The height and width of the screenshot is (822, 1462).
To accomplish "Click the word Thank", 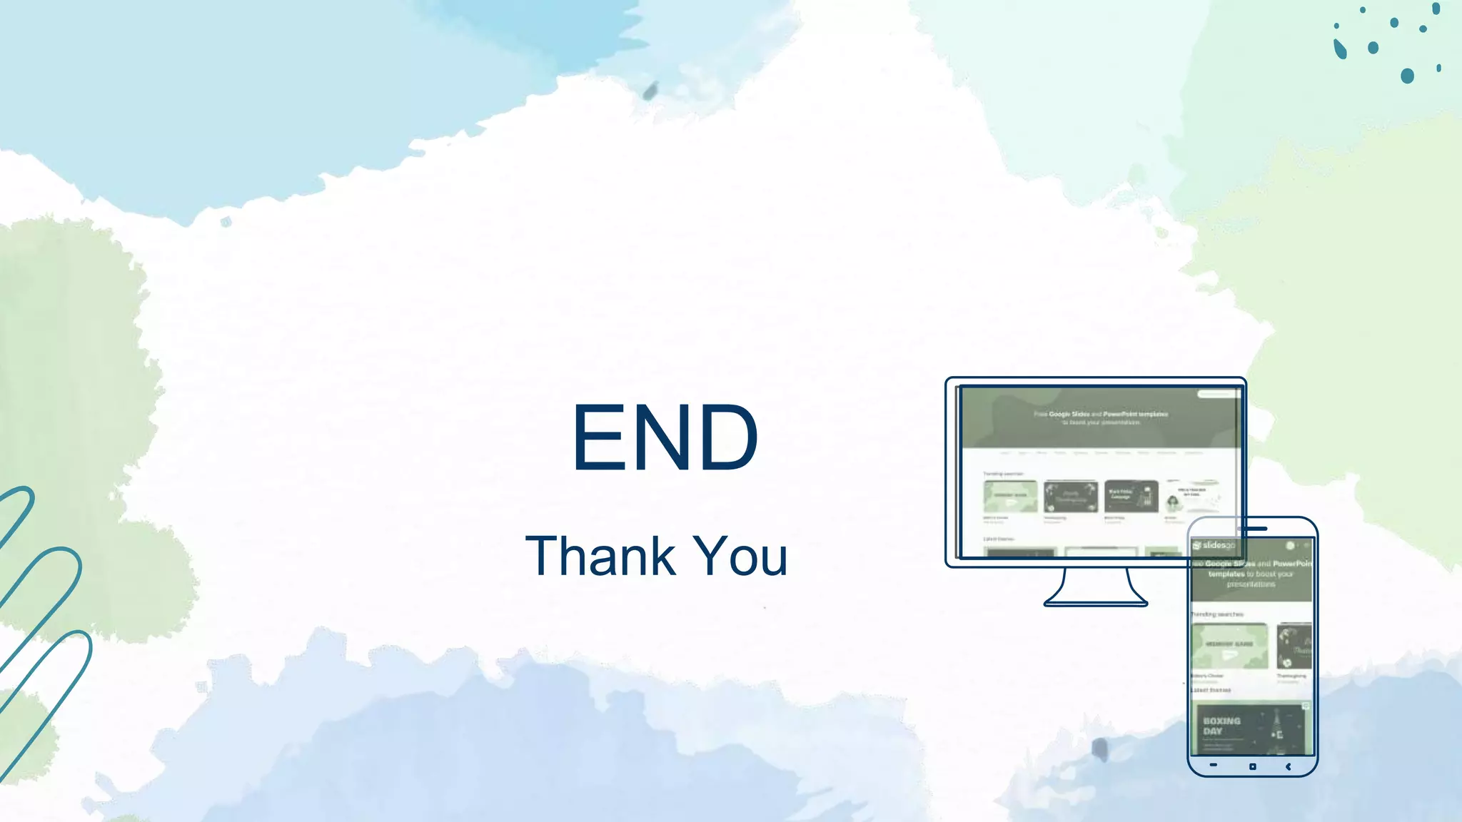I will point(600,556).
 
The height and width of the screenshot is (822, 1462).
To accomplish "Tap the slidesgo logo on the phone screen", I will point(1214,545).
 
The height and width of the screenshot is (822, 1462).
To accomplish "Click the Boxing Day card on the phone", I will point(1251,729).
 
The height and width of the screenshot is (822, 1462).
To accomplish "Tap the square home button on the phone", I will point(1252,766).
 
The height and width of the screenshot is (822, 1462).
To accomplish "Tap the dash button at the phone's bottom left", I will point(1214,765).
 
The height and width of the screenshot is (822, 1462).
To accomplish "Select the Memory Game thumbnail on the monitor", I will point(1010,496).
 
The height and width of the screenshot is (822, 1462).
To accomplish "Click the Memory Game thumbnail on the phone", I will point(1229,646).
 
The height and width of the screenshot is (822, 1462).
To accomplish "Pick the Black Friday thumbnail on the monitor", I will point(1131,496).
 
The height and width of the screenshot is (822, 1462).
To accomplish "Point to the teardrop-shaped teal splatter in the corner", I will point(1340,49).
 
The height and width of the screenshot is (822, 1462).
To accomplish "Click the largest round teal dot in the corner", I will point(1407,76).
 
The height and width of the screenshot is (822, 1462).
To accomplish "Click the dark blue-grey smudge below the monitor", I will point(1100,749).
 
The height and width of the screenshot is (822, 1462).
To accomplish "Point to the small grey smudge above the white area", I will point(650,91).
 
